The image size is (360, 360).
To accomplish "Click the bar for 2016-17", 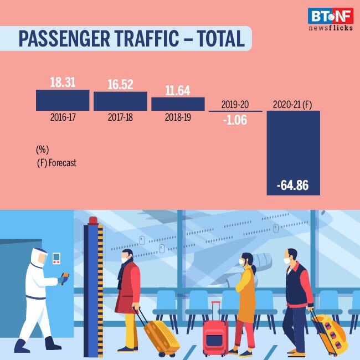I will pos(63,100).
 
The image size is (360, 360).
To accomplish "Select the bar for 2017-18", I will pos(120,101).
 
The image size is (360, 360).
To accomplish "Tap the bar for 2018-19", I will pos(178,104).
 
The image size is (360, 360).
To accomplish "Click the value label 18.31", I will pos(63,81).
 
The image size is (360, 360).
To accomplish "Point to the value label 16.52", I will pos(120,84).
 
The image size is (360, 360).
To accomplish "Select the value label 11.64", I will pos(178,90).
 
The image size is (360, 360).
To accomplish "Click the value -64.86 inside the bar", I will pos(294,184).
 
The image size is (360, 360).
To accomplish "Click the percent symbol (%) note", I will pos(42,151).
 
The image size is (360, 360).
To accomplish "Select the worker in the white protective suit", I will pos(41,299).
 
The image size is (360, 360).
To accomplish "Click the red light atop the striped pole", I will pos(92,221).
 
